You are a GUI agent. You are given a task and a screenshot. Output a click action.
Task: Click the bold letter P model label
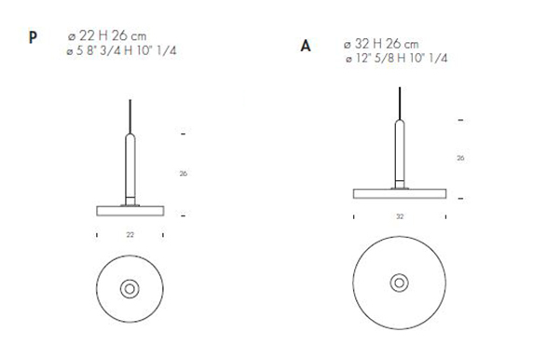click(x=34, y=39)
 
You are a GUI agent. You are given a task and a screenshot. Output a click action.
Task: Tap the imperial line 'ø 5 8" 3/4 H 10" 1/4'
click(x=123, y=48)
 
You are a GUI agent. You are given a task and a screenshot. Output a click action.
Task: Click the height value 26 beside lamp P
click(x=184, y=174)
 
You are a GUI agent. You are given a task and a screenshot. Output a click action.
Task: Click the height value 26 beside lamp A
click(x=461, y=159)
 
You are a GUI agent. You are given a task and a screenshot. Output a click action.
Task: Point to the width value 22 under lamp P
click(x=130, y=234)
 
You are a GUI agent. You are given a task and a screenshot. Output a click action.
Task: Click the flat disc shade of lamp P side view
click(x=130, y=206)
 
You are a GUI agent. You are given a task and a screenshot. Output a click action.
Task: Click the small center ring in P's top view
click(x=130, y=286)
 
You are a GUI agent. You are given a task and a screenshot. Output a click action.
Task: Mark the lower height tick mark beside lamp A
click(x=461, y=198)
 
